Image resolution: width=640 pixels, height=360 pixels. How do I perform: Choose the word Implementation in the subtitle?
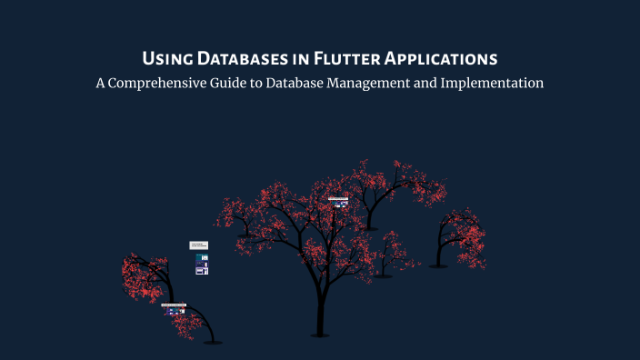tap(496, 84)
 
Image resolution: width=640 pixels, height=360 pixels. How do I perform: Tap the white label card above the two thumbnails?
tap(199, 245)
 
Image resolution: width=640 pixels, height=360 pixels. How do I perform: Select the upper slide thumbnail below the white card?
tap(202, 258)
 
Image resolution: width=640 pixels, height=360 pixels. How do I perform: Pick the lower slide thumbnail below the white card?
tap(202, 270)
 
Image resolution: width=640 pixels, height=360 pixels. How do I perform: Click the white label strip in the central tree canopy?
tap(338, 197)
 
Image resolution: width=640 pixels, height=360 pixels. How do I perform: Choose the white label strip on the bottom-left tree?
tap(174, 305)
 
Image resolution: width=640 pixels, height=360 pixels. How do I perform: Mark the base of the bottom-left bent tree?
tap(212, 342)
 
